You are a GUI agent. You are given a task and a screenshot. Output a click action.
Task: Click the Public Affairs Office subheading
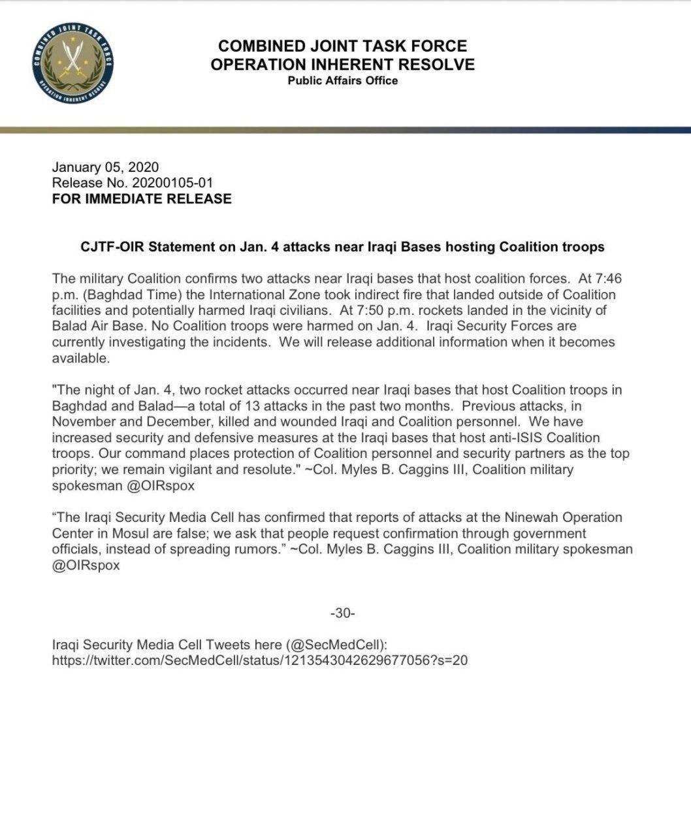click(x=342, y=80)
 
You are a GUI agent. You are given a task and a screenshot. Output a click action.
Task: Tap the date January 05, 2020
click(x=104, y=167)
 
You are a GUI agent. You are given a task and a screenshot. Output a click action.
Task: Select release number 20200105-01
click(x=172, y=183)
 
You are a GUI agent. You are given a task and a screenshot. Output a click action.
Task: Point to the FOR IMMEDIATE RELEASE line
click(x=141, y=199)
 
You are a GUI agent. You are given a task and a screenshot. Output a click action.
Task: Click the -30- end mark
click(x=342, y=613)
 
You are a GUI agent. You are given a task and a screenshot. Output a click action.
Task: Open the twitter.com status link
click(x=259, y=660)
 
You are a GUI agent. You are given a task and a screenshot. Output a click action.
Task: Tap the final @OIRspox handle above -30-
click(x=86, y=566)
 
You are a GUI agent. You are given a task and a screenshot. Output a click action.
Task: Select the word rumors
click(x=259, y=549)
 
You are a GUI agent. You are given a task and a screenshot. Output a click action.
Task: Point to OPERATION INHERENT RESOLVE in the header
click(x=342, y=64)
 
